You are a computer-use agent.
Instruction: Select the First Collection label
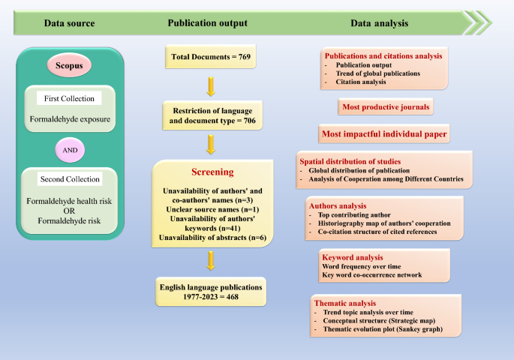tap(69, 99)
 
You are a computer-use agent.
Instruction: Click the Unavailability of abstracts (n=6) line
tap(212, 238)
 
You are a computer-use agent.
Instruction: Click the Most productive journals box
tap(386, 108)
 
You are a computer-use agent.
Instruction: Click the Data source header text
tap(69, 22)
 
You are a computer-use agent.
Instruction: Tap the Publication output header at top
tap(212, 22)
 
